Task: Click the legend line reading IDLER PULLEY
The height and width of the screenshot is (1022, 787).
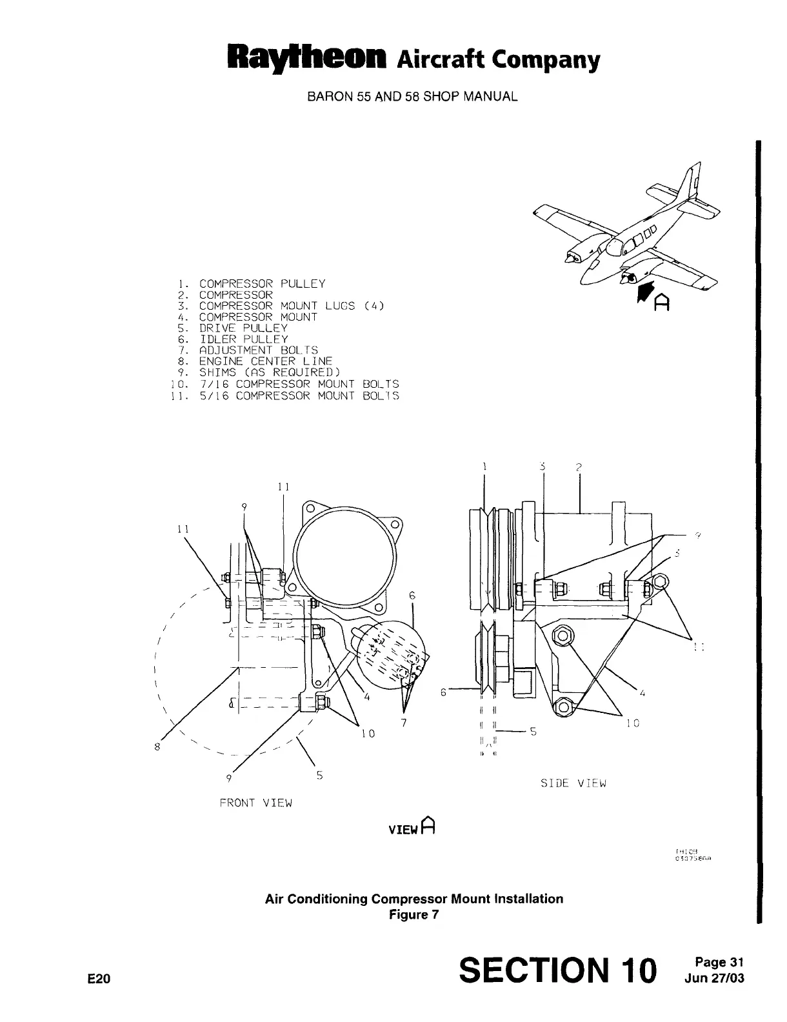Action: click(243, 339)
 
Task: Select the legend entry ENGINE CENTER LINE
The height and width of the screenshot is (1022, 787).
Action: click(266, 361)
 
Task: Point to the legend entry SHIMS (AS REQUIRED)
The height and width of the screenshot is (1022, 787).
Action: click(269, 372)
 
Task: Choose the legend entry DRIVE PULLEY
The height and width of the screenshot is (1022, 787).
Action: click(243, 328)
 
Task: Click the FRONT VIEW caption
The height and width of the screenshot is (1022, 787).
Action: click(256, 803)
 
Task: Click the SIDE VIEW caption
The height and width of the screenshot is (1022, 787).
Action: click(573, 783)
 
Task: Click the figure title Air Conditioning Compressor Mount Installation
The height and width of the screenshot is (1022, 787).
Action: click(414, 899)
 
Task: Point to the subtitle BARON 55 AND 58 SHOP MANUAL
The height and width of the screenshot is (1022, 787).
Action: click(412, 97)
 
